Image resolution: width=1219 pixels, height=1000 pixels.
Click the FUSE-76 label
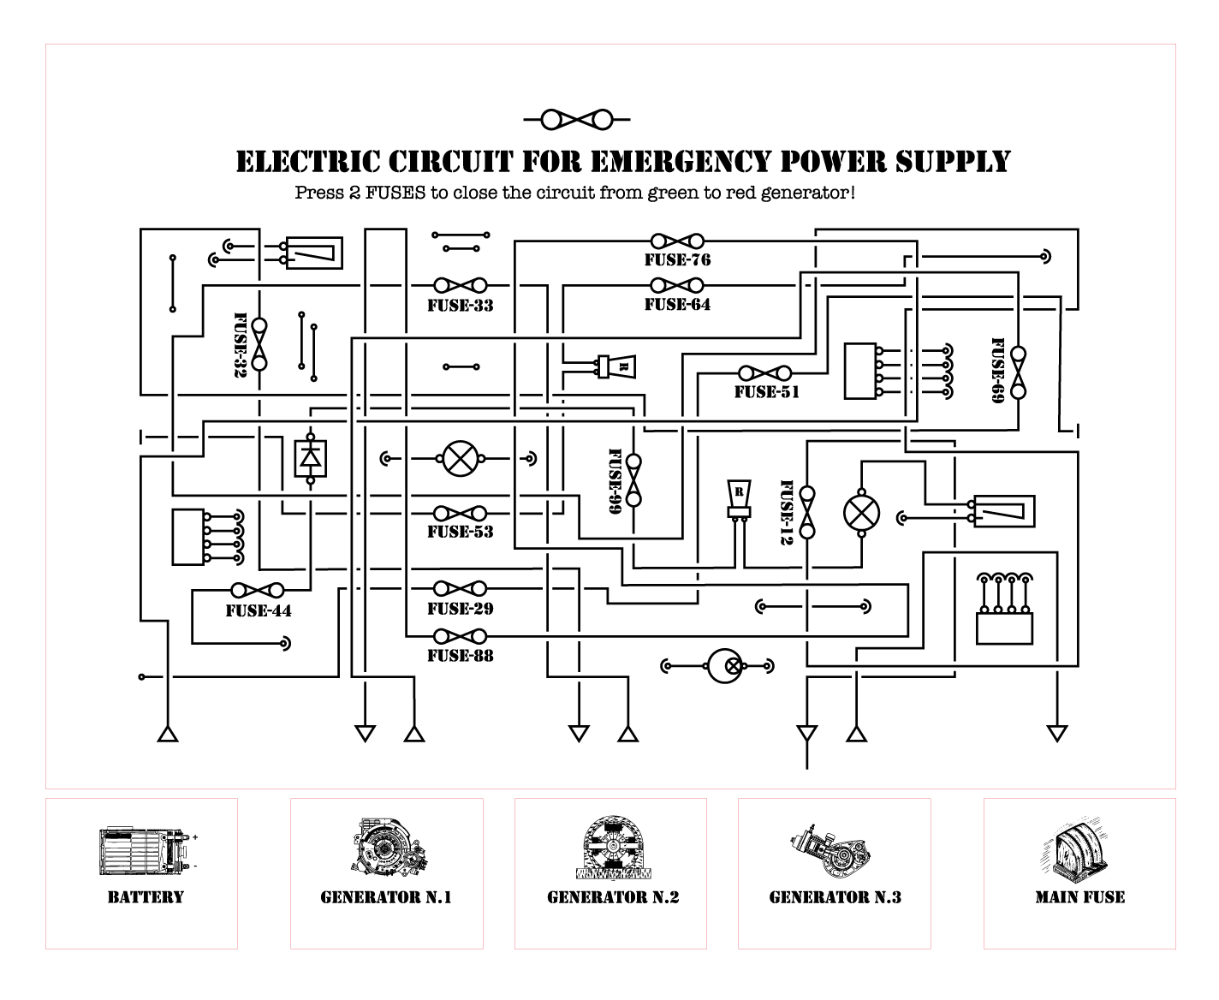pyautogui.click(x=677, y=260)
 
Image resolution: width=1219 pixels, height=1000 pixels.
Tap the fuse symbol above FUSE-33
pyautogui.click(x=461, y=285)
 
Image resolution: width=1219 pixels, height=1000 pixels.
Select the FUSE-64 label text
pyautogui.click(x=677, y=305)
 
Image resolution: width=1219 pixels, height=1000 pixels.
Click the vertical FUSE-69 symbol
pyautogui.click(x=1018, y=372)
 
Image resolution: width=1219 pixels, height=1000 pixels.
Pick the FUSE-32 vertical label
pyautogui.click(x=241, y=344)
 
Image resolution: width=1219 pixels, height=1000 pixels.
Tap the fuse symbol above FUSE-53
pyautogui.click(x=461, y=514)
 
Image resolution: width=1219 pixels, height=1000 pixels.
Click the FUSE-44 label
pyautogui.click(x=259, y=611)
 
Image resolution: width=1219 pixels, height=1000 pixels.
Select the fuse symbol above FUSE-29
pyautogui.click(x=461, y=589)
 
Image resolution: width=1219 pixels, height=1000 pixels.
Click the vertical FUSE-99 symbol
pyautogui.click(x=634, y=479)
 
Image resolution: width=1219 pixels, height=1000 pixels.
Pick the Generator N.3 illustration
pyautogui.click(x=834, y=851)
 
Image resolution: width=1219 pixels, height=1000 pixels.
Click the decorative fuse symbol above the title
pyautogui.click(x=577, y=119)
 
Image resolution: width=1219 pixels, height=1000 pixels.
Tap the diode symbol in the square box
pyautogui.click(x=310, y=458)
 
